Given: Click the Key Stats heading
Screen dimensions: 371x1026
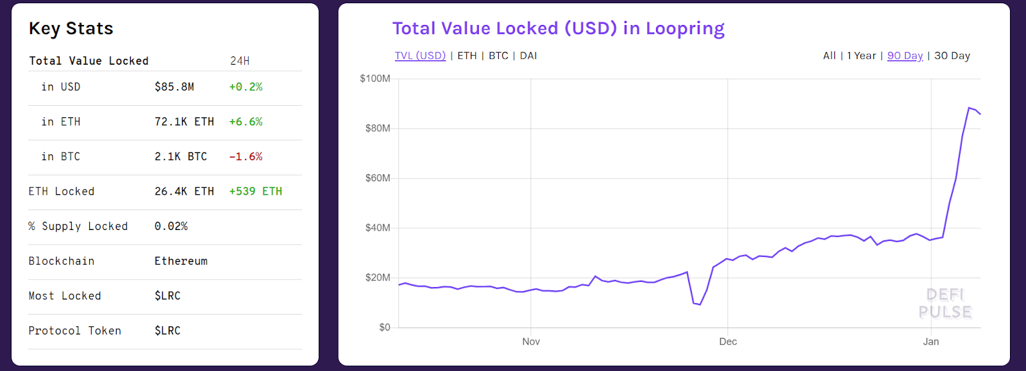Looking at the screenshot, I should tap(71, 29).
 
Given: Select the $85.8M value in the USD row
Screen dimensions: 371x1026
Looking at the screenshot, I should tap(174, 87).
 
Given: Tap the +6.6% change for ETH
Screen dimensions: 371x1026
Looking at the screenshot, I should tap(246, 122).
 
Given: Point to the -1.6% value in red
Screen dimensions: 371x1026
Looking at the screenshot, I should tap(246, 156).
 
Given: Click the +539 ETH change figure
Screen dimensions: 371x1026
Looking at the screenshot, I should tap(255, 192).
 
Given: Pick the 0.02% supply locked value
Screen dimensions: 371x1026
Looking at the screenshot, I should tap(171, 226).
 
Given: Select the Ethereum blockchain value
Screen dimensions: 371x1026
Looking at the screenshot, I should tap(181, 261).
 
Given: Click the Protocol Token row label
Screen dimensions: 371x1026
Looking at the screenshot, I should tap(74, 331).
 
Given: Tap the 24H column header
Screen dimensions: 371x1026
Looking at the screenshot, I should tap(240, 61).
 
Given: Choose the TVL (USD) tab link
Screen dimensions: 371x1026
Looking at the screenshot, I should tap(420, 56).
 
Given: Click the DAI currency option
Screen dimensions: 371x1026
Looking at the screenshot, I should tap(528, 56).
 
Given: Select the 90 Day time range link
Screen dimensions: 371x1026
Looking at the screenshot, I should tap(905, 56).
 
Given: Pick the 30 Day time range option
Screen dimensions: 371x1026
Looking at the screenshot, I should tap(952, 56).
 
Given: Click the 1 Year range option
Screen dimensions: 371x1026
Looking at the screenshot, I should tap(861, 56).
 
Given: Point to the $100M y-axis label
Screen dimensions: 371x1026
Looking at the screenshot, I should tap(375, 79).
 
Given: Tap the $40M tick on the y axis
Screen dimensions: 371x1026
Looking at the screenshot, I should tap(378, 228).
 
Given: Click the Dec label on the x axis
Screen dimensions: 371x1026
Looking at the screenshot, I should tap(728, 342).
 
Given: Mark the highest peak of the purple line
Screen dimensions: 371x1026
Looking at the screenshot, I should tap(969, 108).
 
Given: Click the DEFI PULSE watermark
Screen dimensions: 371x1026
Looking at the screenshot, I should tap(945, 304).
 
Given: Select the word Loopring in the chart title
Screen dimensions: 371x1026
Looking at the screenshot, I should tap(685, 29).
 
